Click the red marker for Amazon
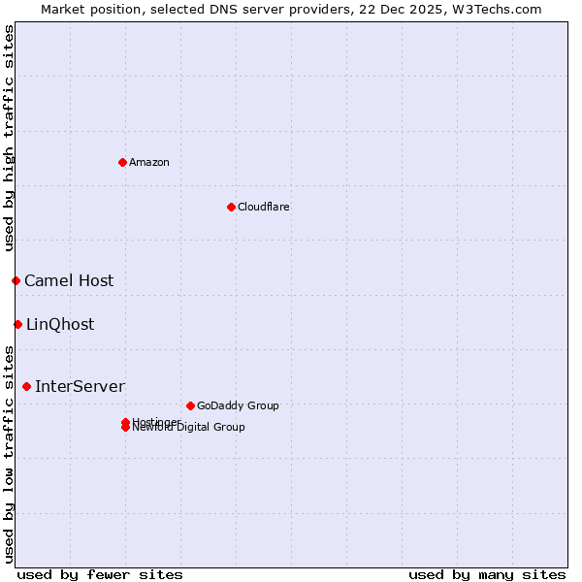click(x=122, y=162)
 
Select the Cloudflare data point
click(x=231, y=207)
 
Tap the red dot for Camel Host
click(x=16, y=280)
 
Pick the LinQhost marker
click(x=17, y=324)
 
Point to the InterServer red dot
click(x=26, y=386)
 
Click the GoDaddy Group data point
click(x=190, y=405)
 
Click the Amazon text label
click(x=149, y=162)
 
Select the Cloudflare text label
click(x=263, y=207)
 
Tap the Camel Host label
click(x=69, y=280)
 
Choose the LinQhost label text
click(x=60, y=324)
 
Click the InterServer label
click(x=80, y=386)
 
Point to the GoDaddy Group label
click(x=238, y=405)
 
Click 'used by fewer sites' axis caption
click(x=100, y=574)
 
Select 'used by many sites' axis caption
click(x=487, y=574)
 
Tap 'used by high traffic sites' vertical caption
click(x=9, y=138)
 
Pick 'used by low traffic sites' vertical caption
click(x=9, y=453)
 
